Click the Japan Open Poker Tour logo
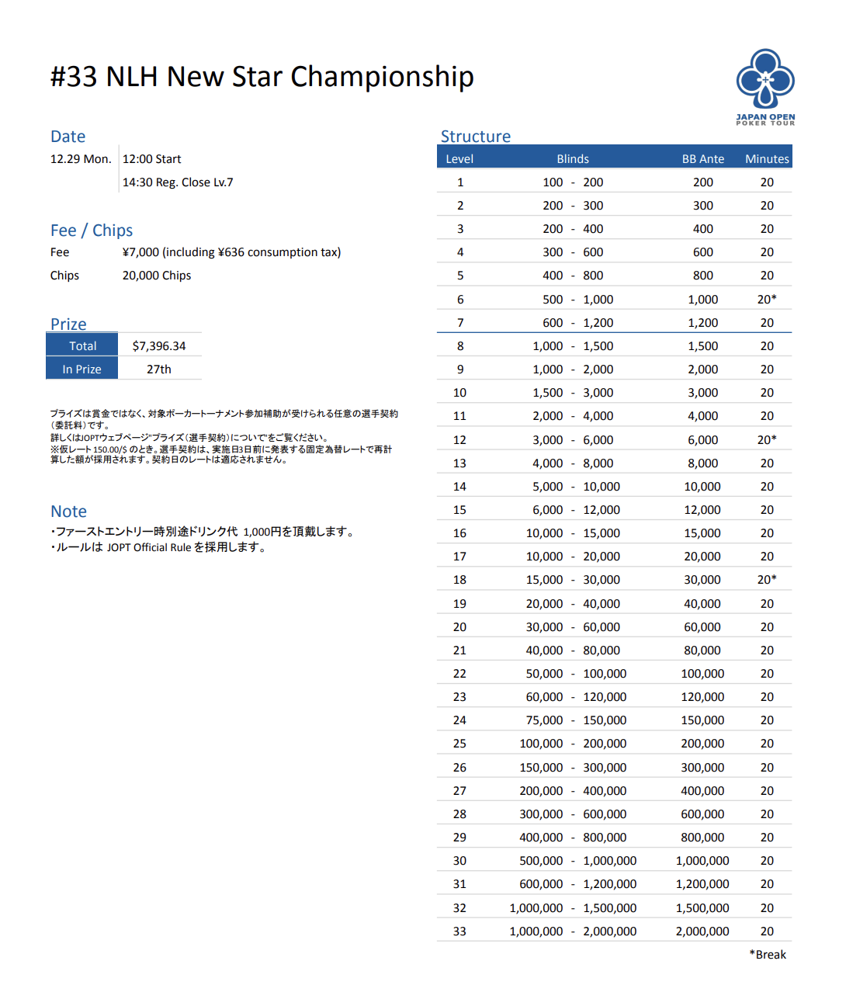click(x=765, y=86)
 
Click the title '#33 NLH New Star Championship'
click(x=262, y=77)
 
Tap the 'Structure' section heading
click(x=476, y=137)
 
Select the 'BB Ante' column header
click(x=702, y=158)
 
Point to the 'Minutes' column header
click(x=767, y=158)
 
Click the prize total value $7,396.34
click(x=159, y=346)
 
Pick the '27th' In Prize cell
click(x=159, y=369)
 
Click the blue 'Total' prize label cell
click(x=82, y=346)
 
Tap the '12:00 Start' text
click(x=152, y=159)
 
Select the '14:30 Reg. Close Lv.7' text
click(x=178, y=182)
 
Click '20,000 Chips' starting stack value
click(x=157, y=276)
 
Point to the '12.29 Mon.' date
click(x=81, y=159)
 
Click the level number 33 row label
click(x=459, y=931)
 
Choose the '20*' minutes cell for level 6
click(x=767, y=300)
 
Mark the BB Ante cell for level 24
click(x=702, y=720)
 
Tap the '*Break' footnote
click(x=768, y=955)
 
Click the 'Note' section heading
click(x=68, y=512)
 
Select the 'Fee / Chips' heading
click(x=92, y=231)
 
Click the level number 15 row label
click(x=459, y=510)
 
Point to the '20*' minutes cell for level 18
click(x=767, y=580)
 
